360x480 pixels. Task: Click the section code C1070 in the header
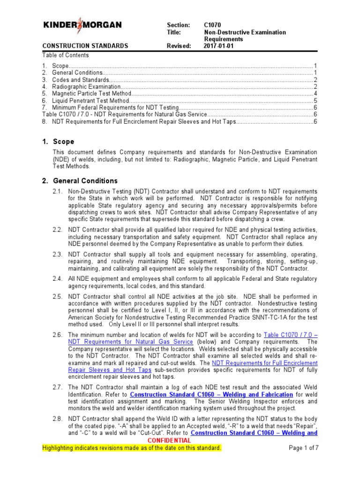pyautogui.click(x=213, y=25)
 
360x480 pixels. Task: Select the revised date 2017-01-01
pyautogui.click(x=219, y=46)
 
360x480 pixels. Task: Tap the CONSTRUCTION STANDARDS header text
pyautogui.click(x=85, y=46)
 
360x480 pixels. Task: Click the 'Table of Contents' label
pyautogui.click(x=65, y=55)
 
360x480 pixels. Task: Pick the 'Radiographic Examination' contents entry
pyautogui.click(x=86, y=87)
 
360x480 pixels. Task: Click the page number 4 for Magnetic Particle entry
pyautogui.click(x=316, y=93)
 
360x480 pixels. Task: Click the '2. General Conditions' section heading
pyautogui.click(x=80, y=181)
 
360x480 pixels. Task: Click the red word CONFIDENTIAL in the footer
pyautogui.click(x=169, y=441)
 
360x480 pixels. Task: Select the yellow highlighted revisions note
pyautogui.click(x=132, y=448)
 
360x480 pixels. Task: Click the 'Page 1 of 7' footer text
pyautogui.click(x=303, y=448)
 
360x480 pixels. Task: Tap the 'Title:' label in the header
pyautogui.click(x=173, y=32)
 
